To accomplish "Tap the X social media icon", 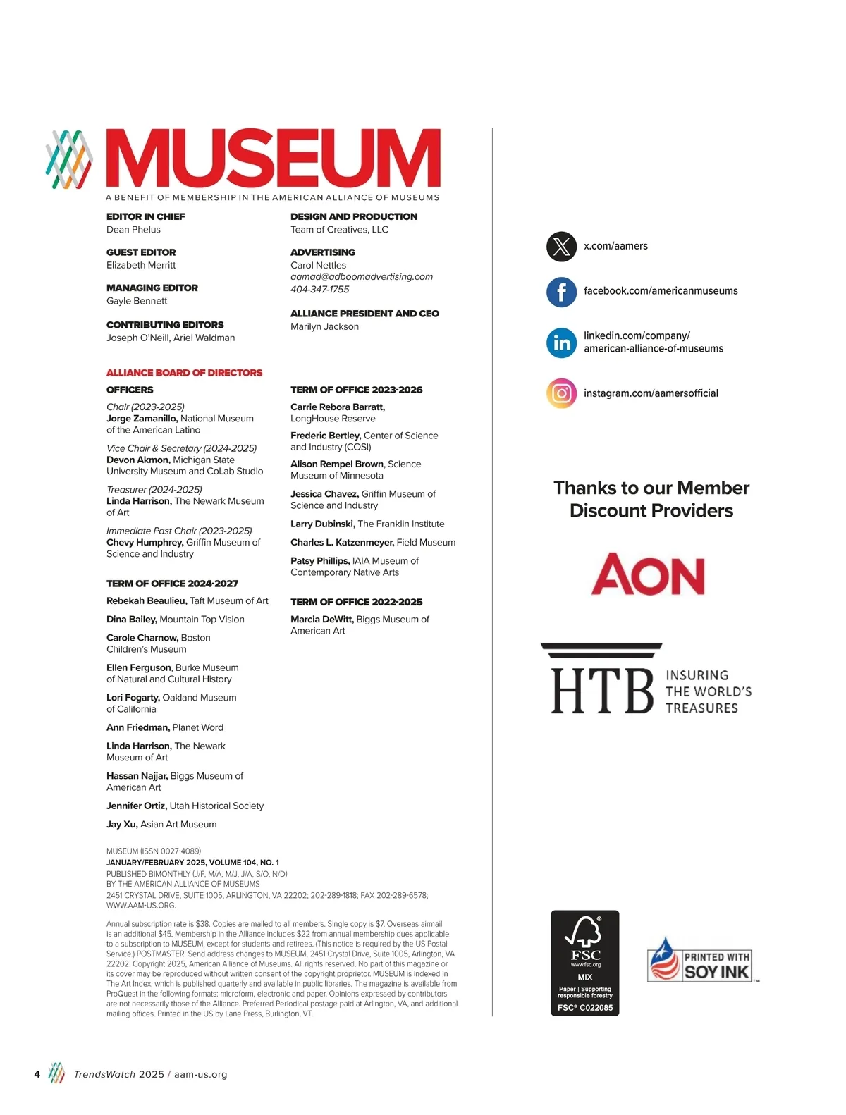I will pyautogui.click(x=561, y=246).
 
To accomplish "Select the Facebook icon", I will pyautogui.click(x=561, y=291).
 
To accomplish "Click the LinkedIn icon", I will pyautogui.click(x=561, y=343).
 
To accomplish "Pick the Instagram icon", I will pyautogui.click(x=561, y=393).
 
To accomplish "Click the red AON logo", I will pyautogui.click(x=648, y=574).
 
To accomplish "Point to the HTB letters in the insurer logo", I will pyautogui.click(x=602, y=690).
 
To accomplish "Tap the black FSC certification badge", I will pyautogui.click(x=584, y=963).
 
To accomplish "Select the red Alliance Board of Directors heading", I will pyautogui.click(x=184, y=373).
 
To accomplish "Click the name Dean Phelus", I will pyautogui.click(x=133, y=230).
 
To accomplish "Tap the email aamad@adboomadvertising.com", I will pyautogui.click(x=362, y=277).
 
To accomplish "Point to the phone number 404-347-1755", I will pyautogui.click(x=319, y=290).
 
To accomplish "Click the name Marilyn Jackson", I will pyautogui.click(x=324, y=326).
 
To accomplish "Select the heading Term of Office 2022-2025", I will pyautogui.click(x=356, y=602).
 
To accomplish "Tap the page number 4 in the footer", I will pyautogui.click(x=37, y=1074).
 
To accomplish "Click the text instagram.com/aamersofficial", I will pyautogui.click(x=651, y=393).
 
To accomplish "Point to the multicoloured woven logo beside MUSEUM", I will pyautogui.click(x=69, y=159).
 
